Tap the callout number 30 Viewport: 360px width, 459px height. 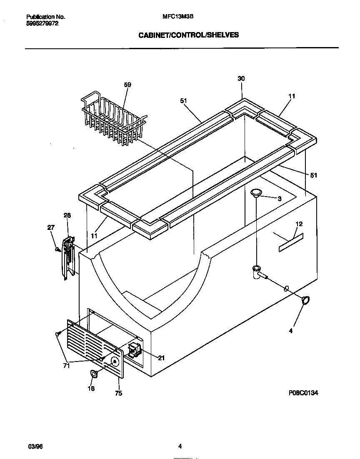pos(241,78)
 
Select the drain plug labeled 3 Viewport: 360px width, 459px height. pos(256,192)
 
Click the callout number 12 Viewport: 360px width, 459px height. pos(299,224)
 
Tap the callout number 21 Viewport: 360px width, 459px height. pos(161,358)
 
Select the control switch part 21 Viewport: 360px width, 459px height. pos(134,350)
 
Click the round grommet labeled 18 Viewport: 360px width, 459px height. pos(95,374)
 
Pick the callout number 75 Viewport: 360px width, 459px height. pos(118,393)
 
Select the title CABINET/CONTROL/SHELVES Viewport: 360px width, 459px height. pos(189,35)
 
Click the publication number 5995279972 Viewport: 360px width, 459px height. pos(42,24)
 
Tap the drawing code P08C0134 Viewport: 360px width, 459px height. pos(303,393)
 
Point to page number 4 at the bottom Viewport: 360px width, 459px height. pos(180,447)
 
